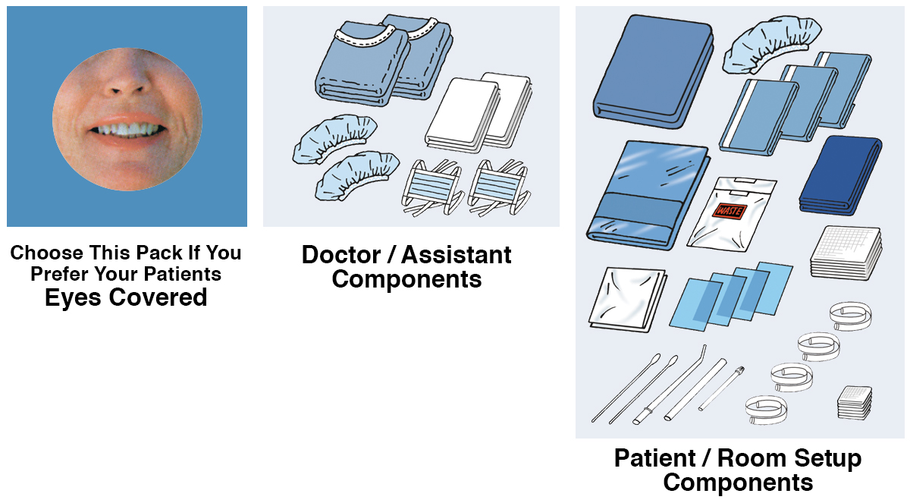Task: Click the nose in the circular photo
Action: pyautogui.click(x=126, y=85)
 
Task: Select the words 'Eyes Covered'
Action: pyautogui.click(x=126, y=297)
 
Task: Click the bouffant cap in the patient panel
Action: pyautogui.click(x=773, y=46)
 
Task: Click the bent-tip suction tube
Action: pyautogui.click(x=679, y=383)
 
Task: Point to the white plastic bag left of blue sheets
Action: pyautogui.click(x=626, y=297)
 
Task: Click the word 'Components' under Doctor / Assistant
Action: pyautogui.click(x=406, y=279)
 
